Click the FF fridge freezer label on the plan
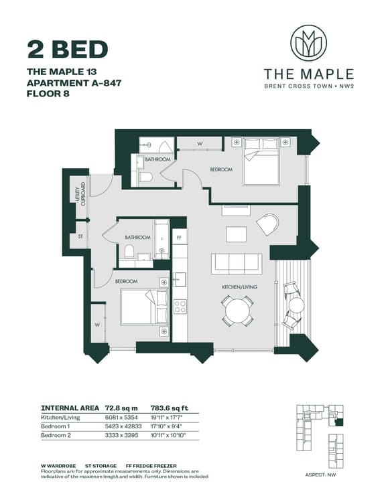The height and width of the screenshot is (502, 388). (x=179, y=238)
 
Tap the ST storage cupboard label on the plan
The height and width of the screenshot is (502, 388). (x=80, y=236)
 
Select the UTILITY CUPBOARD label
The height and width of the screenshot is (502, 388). (x=80, y=194)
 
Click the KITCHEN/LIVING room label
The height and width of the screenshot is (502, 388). (x=239, y=287)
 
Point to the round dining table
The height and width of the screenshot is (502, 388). (x=238, y=311)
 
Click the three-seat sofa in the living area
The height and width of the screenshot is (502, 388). (x=237, y=264)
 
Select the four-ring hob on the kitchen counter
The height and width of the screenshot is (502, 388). (x=180, y=307)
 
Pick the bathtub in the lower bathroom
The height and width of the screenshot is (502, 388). (x=161, y=239)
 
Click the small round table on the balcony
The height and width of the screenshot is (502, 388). (x=296, y=305)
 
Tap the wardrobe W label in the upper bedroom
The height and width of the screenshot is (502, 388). (x=200, y=144)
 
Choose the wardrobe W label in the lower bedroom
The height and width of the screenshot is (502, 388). (x=97, y=325)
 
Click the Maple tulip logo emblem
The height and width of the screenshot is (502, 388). (x=308, y=44)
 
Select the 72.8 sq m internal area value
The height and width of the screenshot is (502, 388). (x=121, y=408)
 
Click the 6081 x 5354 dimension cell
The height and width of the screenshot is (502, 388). (x=121, y=418)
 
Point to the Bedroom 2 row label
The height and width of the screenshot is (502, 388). (x=56, y=436)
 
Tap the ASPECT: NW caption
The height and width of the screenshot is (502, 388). (x=321, y=475)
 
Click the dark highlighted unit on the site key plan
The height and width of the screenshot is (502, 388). (x=339, y=422)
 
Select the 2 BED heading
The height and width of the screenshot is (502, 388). (x=68, y=50)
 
